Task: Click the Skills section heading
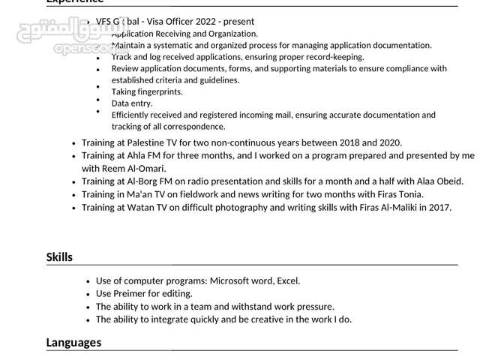point(59,257)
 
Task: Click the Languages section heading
point(73,343)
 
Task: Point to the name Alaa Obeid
point(437,181)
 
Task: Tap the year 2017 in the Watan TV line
point(439,207)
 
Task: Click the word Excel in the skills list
point(288,280)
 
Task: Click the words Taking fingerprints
point(147,91)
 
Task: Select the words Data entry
point(132,103)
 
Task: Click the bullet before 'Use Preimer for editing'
point(88,294)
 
